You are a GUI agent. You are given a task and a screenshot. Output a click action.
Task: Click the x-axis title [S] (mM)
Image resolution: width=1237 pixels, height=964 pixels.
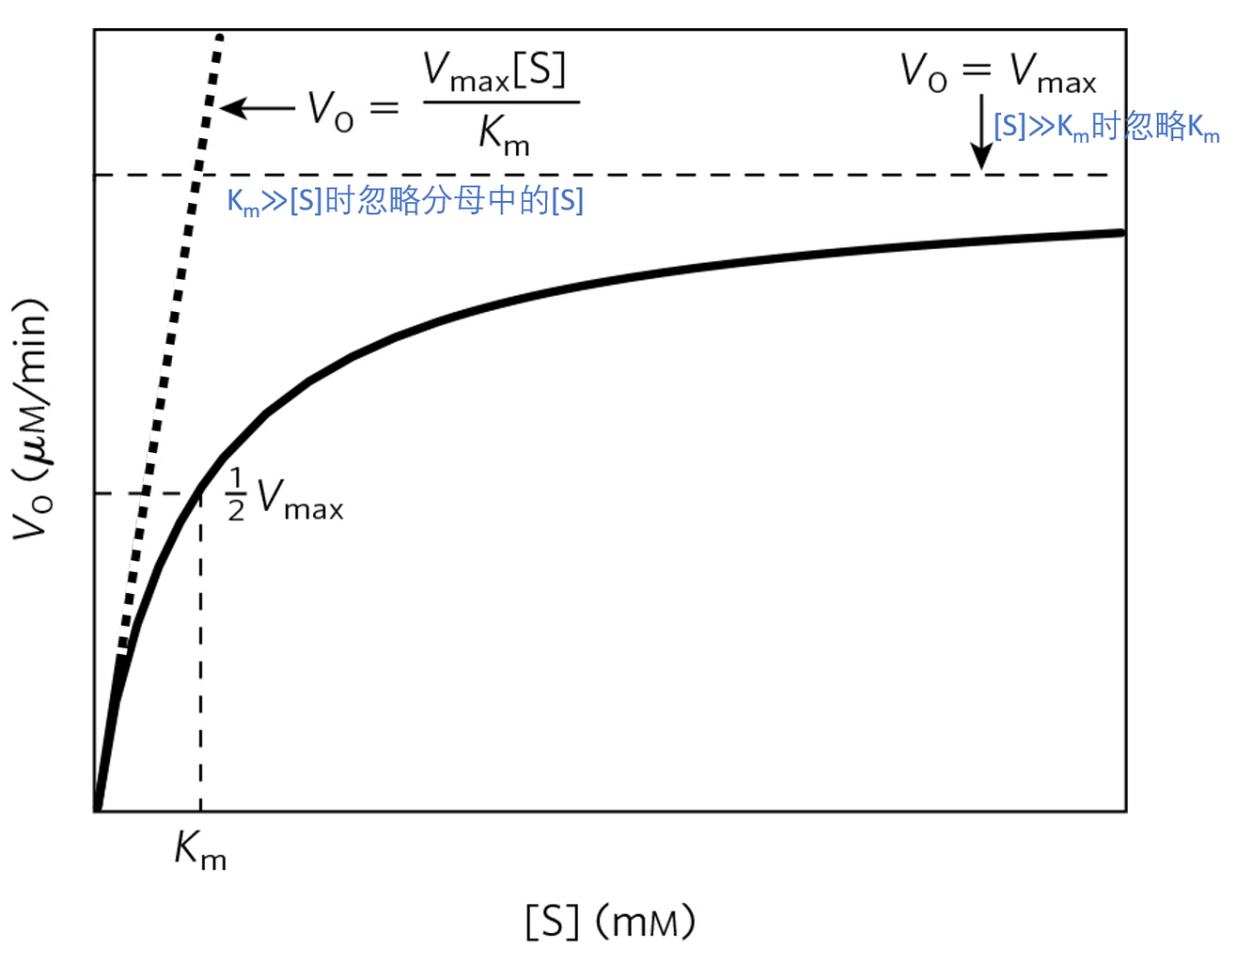coord(611,921)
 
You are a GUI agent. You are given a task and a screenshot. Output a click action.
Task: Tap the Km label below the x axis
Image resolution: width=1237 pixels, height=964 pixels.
coord(200,850)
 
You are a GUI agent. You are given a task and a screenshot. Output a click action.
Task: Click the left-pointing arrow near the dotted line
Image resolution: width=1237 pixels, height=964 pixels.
coord(256,107)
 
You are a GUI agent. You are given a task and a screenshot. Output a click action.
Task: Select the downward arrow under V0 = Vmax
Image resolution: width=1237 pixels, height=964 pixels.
coord(982,131)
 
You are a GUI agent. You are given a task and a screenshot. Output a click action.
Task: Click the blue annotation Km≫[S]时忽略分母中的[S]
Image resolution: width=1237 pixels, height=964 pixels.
coord(405,201)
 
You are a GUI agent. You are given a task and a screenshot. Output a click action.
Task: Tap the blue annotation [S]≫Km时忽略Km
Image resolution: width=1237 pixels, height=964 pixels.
coord(1107,127)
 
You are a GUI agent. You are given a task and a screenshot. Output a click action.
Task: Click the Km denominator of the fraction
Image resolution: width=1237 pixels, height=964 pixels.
coord(503,133)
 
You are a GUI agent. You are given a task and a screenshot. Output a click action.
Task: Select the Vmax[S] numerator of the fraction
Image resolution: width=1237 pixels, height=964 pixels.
coord(494,71)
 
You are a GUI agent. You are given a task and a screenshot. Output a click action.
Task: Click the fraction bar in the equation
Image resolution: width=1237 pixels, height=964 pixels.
coord(502,101)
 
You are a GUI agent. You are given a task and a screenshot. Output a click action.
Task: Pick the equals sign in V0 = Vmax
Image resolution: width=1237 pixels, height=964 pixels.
coord(976,71)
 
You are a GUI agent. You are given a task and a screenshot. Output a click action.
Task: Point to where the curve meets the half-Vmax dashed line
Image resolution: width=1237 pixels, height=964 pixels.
coord(200,493)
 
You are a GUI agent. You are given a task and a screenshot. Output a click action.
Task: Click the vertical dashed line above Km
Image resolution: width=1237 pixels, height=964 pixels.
coord(200,657)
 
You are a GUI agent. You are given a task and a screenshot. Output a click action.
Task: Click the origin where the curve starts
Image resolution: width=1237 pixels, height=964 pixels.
coord(97,808)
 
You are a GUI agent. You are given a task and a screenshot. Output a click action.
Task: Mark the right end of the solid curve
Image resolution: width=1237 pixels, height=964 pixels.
coord(1122,233)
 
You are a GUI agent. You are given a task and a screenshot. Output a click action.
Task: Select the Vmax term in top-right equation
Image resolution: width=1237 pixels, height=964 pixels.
coord(1052,72)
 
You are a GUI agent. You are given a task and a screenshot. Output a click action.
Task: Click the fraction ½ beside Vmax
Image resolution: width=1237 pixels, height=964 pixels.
coord(236,495)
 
